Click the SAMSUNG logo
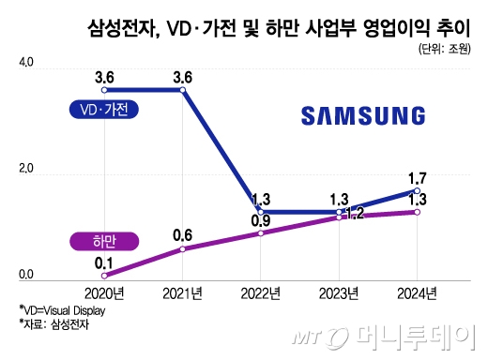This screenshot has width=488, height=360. click(364, 115)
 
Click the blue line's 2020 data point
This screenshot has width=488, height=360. click(105, 90)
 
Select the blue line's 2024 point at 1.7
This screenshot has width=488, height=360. click(417, 191)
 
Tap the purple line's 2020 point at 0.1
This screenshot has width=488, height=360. click(105, 275)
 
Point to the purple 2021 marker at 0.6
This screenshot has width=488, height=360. click(183, 248)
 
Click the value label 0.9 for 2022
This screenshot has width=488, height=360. click(262, 220)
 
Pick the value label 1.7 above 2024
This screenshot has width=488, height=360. click(417, 176)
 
